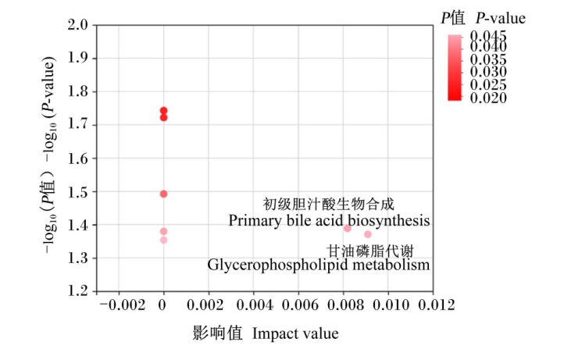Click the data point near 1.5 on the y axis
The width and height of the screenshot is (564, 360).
tap(164, 194)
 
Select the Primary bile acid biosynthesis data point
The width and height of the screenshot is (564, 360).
tap(347, 228)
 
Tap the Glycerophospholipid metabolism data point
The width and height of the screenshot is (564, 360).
tap(368, 234)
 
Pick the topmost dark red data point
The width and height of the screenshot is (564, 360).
tap(164, 110)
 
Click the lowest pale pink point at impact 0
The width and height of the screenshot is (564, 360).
tap(164, 240)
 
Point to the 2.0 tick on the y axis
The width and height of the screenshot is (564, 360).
tap(77, 25)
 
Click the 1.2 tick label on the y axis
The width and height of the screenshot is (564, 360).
tap(77, 290)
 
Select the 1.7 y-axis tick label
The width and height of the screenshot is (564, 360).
tap(77, 124)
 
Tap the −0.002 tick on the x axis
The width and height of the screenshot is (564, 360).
tap(123, 305)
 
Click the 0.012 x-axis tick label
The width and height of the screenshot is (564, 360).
tap(437, 305)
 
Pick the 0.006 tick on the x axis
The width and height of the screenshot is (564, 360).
tap(300, 305)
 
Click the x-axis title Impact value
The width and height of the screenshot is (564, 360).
tap(295, 333)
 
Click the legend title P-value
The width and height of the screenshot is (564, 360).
tap(500, 18)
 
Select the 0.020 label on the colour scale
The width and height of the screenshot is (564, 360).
tap(488, 98)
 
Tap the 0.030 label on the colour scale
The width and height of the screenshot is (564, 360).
tap(488, 72)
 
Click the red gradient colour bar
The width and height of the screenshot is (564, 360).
tap(455, 68)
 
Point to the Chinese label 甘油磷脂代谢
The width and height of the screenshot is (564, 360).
tap(370, 251)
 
